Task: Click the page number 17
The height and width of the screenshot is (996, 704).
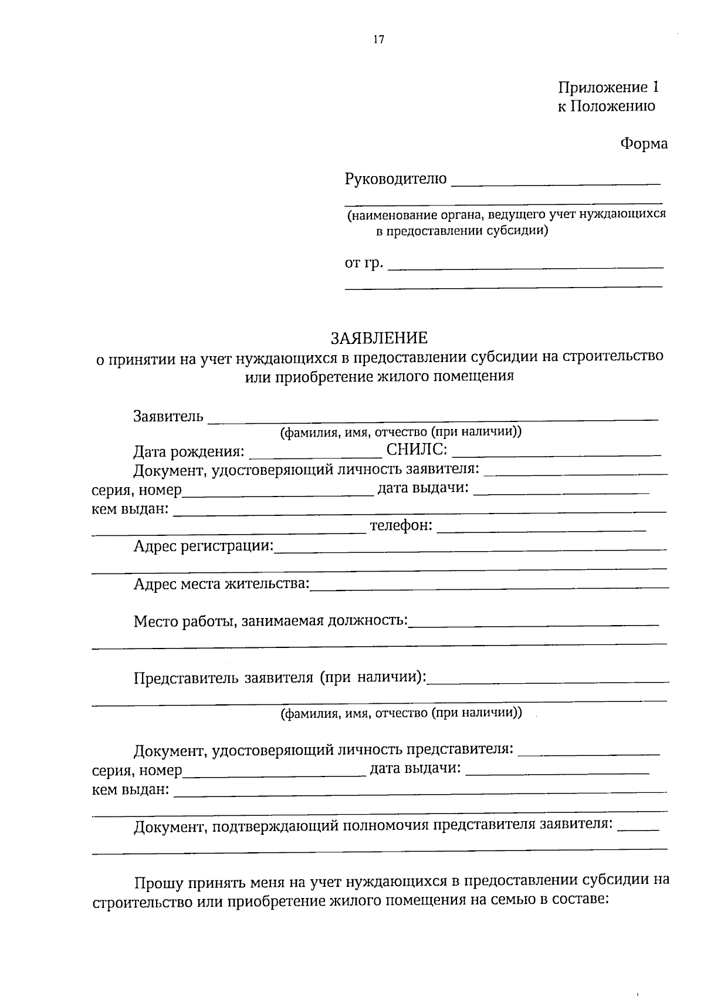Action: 378,40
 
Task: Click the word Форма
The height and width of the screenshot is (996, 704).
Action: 644,144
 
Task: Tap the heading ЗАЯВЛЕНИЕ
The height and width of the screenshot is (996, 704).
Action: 379,338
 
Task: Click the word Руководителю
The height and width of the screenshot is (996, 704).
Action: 395,178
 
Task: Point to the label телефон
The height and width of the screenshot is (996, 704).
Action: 401,526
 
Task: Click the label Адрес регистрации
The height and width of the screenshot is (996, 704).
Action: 204,546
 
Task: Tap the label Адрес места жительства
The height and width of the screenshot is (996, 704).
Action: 221,584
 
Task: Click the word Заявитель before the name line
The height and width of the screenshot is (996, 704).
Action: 168,417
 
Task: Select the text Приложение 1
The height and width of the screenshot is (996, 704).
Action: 608,87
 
